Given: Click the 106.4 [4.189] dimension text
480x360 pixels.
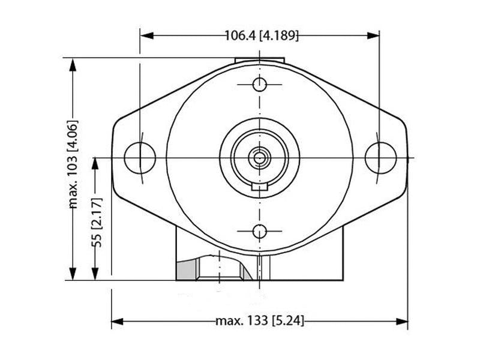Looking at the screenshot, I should click(x=261, y=35).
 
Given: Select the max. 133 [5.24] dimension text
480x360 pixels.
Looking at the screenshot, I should click(x=260, y=322).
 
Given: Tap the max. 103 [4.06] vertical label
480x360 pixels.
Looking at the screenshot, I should click(x=74, y=164).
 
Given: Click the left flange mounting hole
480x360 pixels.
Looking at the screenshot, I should click(x=140, y=157).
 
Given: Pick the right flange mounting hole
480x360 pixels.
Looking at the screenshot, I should click(x=380, y=157).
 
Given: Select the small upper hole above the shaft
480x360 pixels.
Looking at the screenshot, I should click(x=259, y=83).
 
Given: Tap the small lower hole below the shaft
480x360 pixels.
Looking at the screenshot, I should click(x=259, y=230).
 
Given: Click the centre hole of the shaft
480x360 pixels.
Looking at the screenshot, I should click(x=259, y=158).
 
